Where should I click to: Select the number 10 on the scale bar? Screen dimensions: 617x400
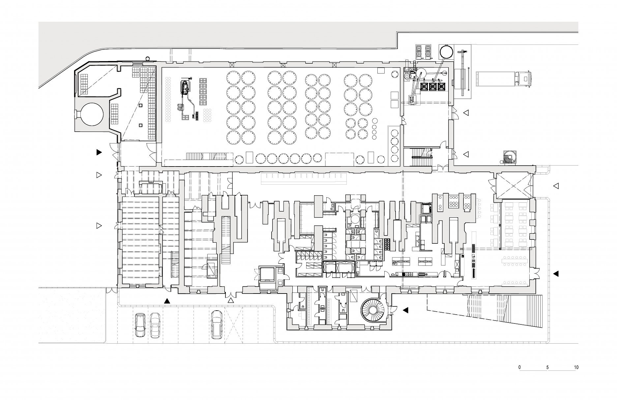pyautogui.click(x=576, y=367)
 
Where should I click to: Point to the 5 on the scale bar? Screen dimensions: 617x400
pyautogui.click(x=547, y=367)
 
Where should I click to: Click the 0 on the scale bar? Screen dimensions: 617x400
pyautogui.click(x=520, y=367)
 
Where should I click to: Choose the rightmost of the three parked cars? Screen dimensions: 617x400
pyautogui.click(x=216, y=324)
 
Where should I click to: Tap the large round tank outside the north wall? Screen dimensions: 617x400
pyautogui.click(x=446, y=51)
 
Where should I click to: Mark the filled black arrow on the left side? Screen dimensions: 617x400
pyautogui.click(x=99, y=152)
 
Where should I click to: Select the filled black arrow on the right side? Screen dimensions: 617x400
pyautogui.click(x=556, y=273)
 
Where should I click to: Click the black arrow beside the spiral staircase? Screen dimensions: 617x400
pyautogui.click(x=406, y=310)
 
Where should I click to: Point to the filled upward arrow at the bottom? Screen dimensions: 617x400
pyautogui.click(x=167, y=300)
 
